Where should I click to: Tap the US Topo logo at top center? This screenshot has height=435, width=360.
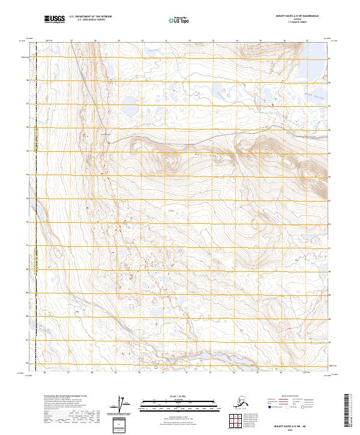[175, 20]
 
